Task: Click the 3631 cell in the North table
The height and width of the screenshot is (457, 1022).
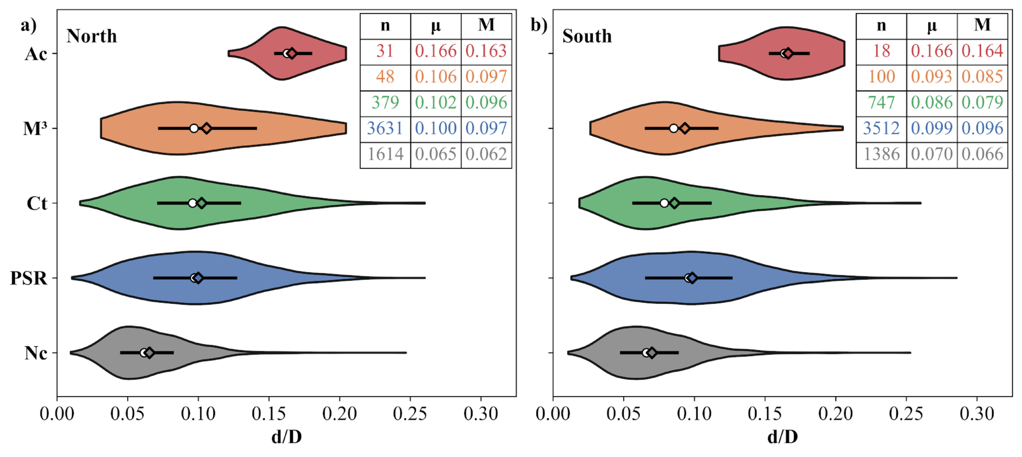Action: [385, 128]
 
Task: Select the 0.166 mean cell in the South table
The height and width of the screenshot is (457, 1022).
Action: [931, 51]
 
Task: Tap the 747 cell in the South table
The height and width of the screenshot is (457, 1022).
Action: [881, 103]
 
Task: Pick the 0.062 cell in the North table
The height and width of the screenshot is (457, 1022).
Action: [486, 154]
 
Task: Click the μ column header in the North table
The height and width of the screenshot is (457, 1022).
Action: [436, 26]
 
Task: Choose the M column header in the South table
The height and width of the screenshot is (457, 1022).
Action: [982, 25]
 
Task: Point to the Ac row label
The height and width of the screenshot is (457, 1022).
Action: [36, 54]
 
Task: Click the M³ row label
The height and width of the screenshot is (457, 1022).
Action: [35, 128]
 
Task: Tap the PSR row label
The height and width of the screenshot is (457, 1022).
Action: [29, 278]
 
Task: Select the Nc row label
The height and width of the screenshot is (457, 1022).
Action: [36, 353]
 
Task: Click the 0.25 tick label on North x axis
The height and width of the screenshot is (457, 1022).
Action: [410, 414]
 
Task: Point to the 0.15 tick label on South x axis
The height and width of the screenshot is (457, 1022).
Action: [765, 414]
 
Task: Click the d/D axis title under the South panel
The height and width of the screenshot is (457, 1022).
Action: [782, 437]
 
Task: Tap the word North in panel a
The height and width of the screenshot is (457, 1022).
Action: [92, 36]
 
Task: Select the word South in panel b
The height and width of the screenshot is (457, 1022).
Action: [587, 36]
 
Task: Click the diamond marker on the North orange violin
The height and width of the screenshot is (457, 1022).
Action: [206, 128]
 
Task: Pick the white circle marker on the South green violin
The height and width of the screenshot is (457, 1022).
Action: [664, 203]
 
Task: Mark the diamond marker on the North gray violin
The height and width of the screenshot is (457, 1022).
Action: [149, 353]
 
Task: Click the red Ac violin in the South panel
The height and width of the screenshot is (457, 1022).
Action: [782, 53]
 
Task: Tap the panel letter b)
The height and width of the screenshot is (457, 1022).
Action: [539, 25]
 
